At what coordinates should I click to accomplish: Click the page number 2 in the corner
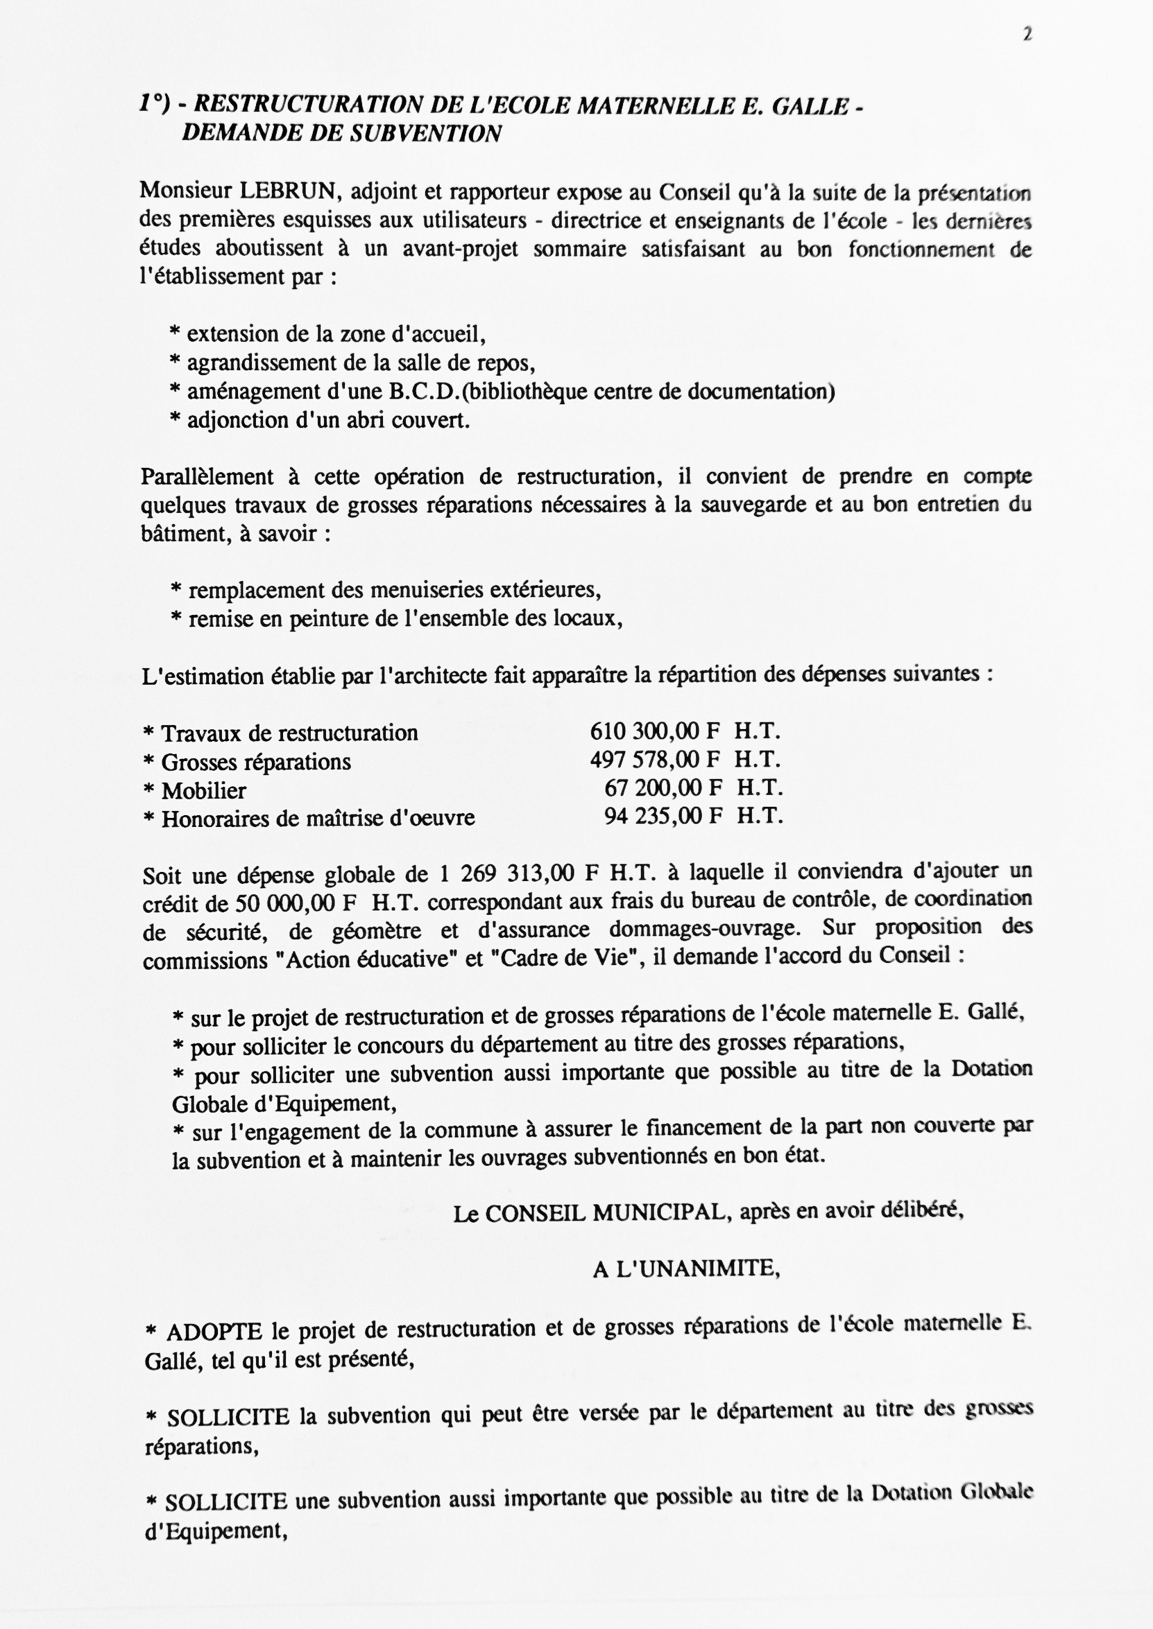(1027, 34)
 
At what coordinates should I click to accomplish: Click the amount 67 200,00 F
(663, 788)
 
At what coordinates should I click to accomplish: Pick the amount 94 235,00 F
(663, 817)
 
